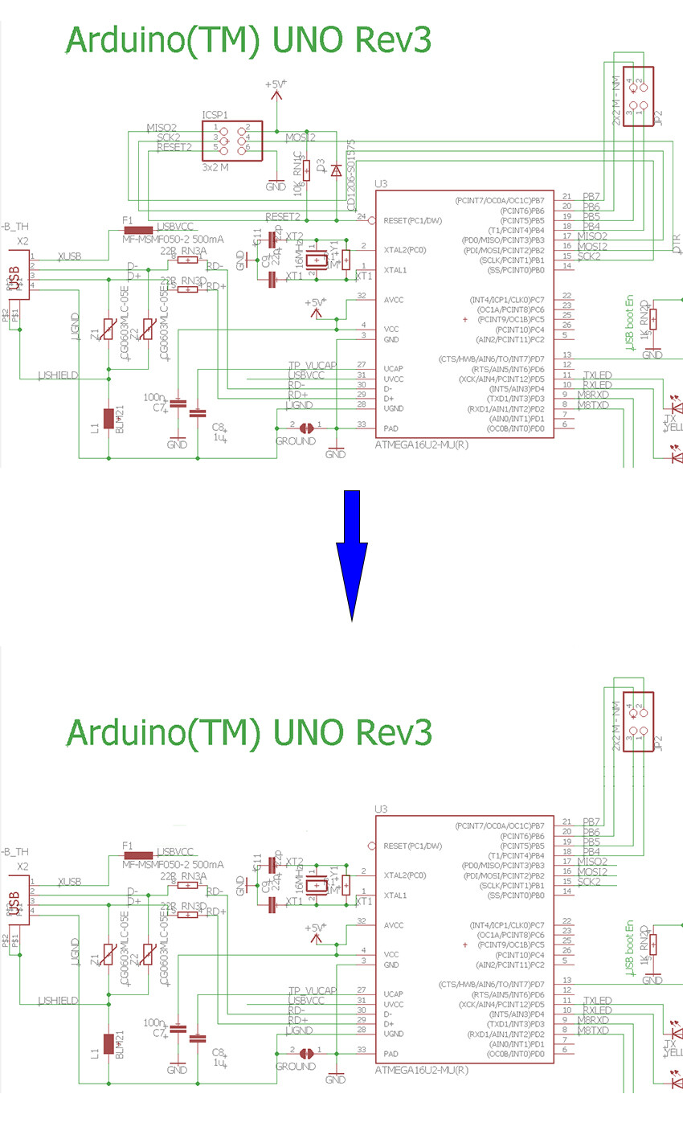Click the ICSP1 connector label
pos(215,115)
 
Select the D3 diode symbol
pos(336,170)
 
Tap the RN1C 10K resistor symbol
pos(306,170)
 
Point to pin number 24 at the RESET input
pos(362,217)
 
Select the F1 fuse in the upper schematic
pos(138,231)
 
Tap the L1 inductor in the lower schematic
pos(108,1044)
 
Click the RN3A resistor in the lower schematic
pos(188,885)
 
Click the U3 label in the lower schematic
pos(382,809)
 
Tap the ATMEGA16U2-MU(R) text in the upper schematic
pos(421,444)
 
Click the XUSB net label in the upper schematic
pos(69,256)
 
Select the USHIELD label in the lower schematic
pos(59,1001)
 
